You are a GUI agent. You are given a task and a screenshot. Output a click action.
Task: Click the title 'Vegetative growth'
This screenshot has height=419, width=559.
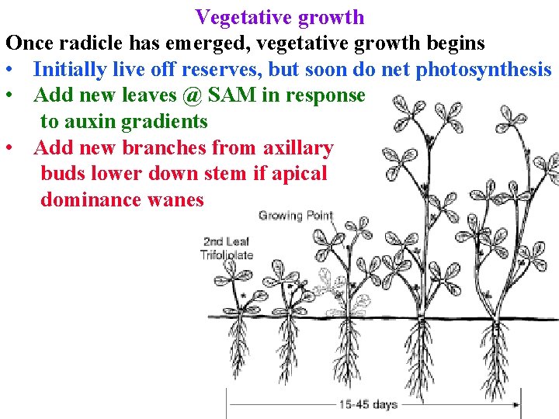pyautogui.click(x=279, y=16)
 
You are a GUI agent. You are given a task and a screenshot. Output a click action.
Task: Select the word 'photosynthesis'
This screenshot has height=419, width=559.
pyautogui.click(x=484, y=69)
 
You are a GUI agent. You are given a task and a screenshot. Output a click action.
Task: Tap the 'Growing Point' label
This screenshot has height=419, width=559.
pyautogui.click(x=296, y=215)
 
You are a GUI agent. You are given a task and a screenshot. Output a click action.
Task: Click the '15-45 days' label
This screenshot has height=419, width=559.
pyautogui.click(x=368, y=403)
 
